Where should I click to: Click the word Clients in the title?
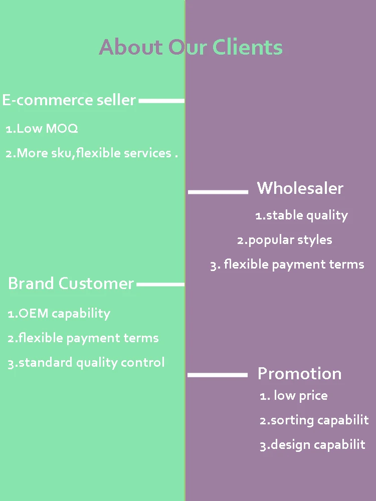(x=248, y=48)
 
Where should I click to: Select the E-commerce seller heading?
(x=69, y=100)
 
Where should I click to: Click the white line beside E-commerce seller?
(x=161, y=101)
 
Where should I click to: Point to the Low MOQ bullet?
(x=42, y=129)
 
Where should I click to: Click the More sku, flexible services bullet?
(x=92, y=153)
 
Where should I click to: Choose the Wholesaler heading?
(x=300, y=188)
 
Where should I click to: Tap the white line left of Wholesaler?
(x=218, y=191)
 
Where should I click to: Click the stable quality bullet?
(x=301, y=215)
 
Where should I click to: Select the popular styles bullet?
(x=284, y=240)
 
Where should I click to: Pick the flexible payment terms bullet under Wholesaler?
(x=287, y=265)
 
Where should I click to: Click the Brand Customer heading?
(x=71, y=284)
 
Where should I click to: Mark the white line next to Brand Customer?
(x=160, y=285)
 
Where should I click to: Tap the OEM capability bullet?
(x=59, y=314)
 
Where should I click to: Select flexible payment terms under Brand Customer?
(x=83, y=338)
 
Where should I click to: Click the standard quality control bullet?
(x=86, y=362)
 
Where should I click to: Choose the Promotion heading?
(x=299, y=374)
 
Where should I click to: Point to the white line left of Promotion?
(x=218, y=375)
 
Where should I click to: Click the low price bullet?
(x=294, y=396)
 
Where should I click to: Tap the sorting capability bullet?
(x=314, y=420)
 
